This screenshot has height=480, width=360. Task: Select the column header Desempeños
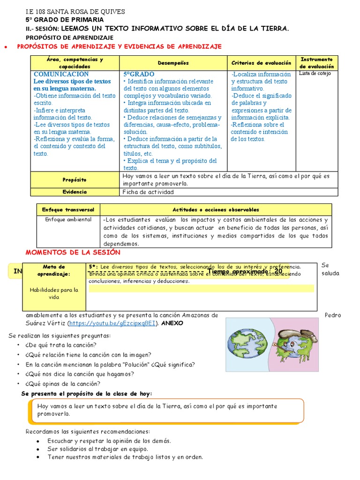(173, 63)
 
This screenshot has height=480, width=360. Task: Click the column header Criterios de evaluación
(261, 63)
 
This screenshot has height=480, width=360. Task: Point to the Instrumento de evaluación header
(316, 63)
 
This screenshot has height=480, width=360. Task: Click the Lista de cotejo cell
(315, 74)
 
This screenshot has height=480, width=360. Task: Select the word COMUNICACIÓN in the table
(61, 74)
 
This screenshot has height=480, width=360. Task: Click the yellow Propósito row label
(75, 180)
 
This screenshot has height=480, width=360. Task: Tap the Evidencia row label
(75, 192)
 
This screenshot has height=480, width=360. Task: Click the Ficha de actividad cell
(148, 192)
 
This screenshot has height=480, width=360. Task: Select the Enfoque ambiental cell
(68, 219)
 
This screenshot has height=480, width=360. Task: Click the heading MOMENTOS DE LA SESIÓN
(73, 252)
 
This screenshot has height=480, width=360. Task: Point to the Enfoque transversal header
(68, 210)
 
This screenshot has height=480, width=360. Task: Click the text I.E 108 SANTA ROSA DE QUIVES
(75, 12)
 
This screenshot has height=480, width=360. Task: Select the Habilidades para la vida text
(54, 293)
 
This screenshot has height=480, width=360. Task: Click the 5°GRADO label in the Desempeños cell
(139, 74)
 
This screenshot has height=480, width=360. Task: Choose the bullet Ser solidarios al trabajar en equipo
(94, 449)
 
